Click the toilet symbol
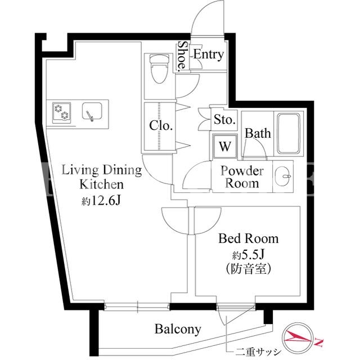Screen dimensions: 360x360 [x=159, y=69]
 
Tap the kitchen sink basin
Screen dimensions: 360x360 [x=92, y=111]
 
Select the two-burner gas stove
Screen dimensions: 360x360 [x=61, y=112]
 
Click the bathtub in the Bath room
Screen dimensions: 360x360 [x=289, y=134]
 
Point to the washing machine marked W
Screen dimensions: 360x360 [x=225, y=146]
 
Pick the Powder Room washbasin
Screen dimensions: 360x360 [x=283, y=176]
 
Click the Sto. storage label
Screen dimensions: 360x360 [x=224, y=120]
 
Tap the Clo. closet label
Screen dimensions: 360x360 [x=161, y=126]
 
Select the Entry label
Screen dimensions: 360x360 [x=208, y=55]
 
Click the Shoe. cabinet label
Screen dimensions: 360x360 [x=182, y=56]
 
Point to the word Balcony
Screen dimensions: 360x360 [x=178, y=330]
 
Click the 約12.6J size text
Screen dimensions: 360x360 [x=101, y=201]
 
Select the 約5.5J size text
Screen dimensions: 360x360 [x=249, y=254]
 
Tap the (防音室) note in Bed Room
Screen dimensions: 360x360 [x=249, y=268]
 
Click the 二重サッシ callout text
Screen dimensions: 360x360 [x=258, y=352]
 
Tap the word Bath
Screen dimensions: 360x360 [x=258, y=133]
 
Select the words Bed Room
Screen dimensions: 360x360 [x=249, y=238]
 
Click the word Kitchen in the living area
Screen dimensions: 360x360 [x=101, y=184]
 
